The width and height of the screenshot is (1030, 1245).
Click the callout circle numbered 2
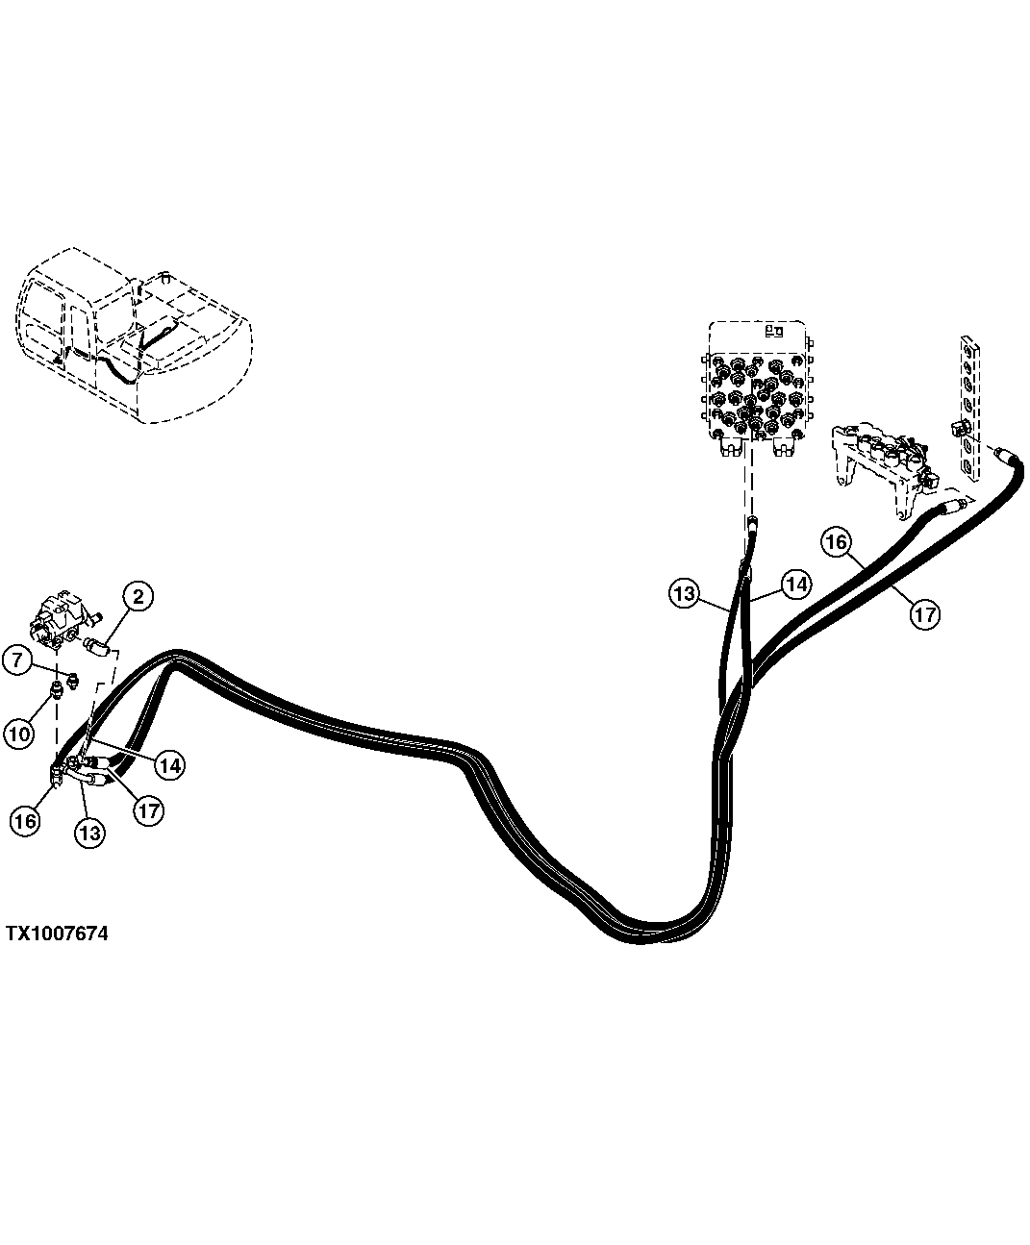pos(138,597)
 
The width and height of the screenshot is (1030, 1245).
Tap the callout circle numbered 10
pos(17,734)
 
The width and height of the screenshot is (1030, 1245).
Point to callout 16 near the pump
pos(24,819)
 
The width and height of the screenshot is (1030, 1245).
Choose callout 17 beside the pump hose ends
pos(147,810)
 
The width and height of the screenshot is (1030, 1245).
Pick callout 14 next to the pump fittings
pos(169,765)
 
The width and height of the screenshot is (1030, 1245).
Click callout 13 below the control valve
pos(684,594)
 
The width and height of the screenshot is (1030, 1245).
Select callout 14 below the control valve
pos(796,583)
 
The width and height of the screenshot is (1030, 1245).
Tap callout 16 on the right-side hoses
pos(836,542)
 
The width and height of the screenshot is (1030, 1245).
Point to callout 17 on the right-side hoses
pos(924,613)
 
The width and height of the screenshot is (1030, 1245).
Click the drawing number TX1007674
pos(57,934)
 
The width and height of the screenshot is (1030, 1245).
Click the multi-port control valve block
pos(760,390)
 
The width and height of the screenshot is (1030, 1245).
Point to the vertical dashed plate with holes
pos(971,404)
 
